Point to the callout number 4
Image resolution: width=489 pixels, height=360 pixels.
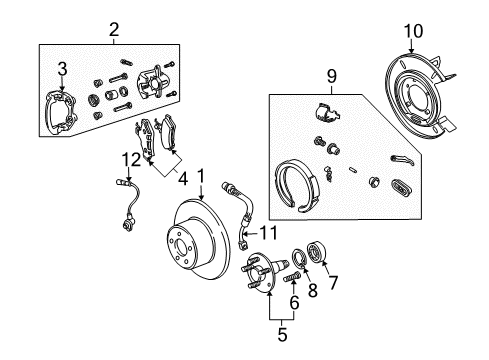(183, 180)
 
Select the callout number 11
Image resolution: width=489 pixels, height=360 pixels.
(265, 234)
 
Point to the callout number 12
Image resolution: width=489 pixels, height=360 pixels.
(126, 161)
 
